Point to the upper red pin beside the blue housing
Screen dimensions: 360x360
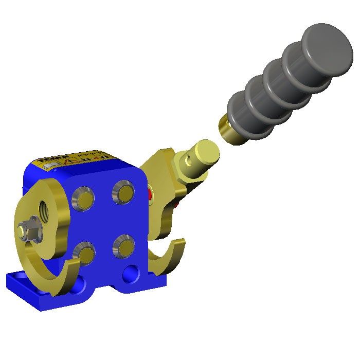pos(150,194)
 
